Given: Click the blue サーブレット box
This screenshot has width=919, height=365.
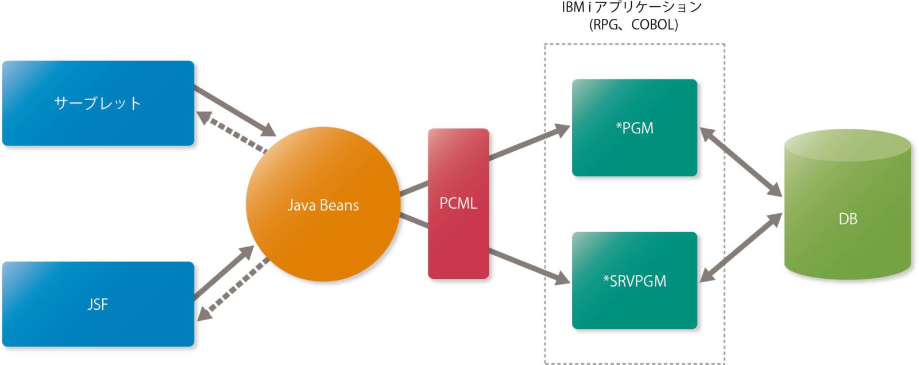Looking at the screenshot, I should click(98, 103).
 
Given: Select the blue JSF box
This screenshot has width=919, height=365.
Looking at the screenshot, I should click(98, 303).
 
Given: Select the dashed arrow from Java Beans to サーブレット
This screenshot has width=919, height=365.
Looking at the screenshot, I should click(232, 132).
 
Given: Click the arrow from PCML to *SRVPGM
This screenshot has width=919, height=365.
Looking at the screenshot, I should click(528, 266).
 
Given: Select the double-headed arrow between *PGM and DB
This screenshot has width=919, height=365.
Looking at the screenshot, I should click(740, 162).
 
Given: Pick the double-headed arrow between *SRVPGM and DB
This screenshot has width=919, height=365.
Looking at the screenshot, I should click(740, 248).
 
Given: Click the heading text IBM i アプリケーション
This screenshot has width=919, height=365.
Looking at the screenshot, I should click(632, 7).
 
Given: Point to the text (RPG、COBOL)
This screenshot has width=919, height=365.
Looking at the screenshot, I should click(634, 25).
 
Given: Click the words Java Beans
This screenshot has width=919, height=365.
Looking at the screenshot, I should click(323, 205).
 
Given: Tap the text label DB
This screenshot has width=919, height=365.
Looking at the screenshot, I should click(848, 219).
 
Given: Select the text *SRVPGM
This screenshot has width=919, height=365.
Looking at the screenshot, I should click(634, 281).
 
